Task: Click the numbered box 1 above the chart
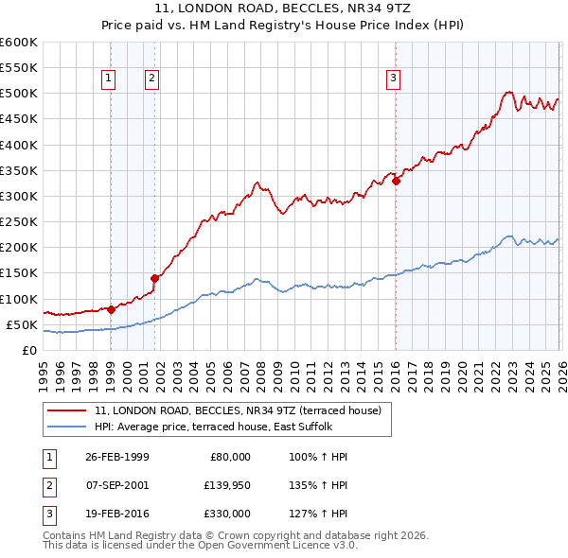pyautogui.click(x=110, y=79)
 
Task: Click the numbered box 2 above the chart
pyautogui.click(x=152, y=79)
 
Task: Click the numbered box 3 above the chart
pyautogui.click(x=393, y=79)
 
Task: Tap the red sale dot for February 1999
pyautogui.click(x=111, y=308)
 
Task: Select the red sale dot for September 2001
pyautogui.click(x=154, y=278)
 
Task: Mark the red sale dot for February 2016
pyautogui.click(x=396, y=182)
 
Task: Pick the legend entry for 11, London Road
pyautogui.click(x=238, y=410)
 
